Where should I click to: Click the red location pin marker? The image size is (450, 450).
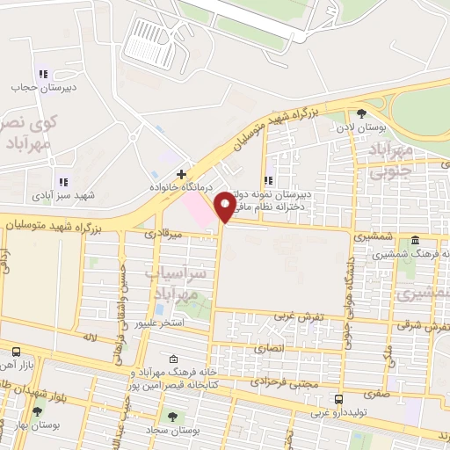[225, 207]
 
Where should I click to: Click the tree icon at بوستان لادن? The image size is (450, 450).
[361, 112]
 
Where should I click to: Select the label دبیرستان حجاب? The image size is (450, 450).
[34, 88]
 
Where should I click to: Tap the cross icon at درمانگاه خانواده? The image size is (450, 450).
[180, 174]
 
